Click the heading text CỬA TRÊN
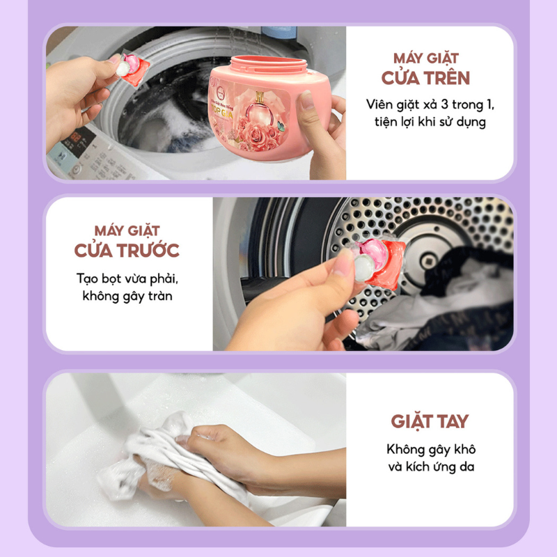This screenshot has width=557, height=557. pyautogui.click(x=430, y=77)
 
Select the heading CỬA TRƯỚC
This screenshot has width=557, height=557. pyautogui.click(x=127, y=249)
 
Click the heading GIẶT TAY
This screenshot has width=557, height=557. pyautogui.click(x=430, y=421)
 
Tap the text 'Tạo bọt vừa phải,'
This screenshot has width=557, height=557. pyautogui.click(x=127, y=278)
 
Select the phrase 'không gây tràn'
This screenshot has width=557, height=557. pyautogui.click(x=127, y=296)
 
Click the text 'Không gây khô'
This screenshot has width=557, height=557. pyautogui.click(x=430, y=449)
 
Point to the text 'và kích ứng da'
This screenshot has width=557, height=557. pyautogui.click(x=430, y=467)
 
